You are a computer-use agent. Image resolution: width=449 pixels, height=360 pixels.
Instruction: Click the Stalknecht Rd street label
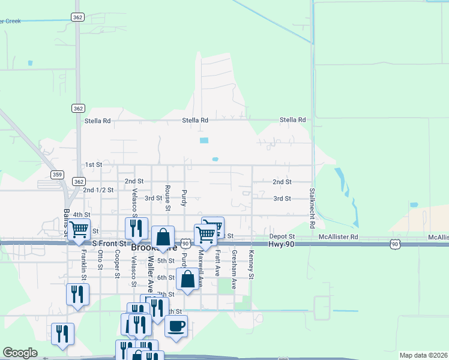(x=312, y=209)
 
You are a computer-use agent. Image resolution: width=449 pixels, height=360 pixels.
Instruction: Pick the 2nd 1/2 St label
(x=98, y=190)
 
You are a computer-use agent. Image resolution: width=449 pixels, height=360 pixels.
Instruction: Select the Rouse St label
(x=167, y=197)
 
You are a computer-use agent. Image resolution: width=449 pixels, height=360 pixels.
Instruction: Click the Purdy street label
(x=184, y=197)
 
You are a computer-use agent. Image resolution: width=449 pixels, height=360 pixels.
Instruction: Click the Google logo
(x=20, y=353)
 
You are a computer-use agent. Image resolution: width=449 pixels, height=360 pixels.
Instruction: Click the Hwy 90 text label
(x=282, y=244)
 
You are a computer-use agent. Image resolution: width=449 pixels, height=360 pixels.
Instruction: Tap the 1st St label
(x=93, y=164)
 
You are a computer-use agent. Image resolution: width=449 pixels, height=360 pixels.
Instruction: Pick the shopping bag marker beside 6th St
(x=187, y=279)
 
